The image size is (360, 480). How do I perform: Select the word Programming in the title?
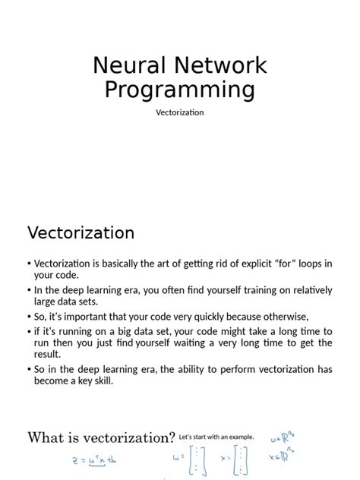click(179, 90)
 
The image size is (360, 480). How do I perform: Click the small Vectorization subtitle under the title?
click(180, 112)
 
